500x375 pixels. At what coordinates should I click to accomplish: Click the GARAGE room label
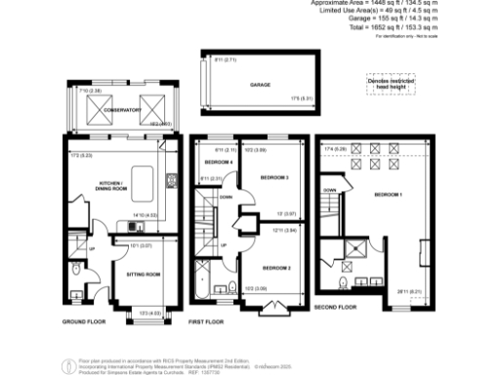(258, 85)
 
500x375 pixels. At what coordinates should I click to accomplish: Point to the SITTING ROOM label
(143, 275)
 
